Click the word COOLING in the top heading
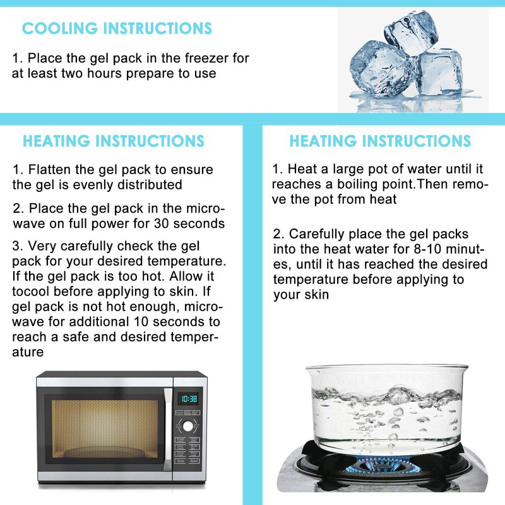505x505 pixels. point(59,28)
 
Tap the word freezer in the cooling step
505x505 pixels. point(207,58)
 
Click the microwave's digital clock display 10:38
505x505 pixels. point(189,399)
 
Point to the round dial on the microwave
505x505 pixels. point(187,427)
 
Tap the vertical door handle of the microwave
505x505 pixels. point(168,429)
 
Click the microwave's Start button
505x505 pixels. point(194,461)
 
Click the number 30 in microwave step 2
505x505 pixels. point(162,223)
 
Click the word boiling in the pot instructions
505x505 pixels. point(357,184)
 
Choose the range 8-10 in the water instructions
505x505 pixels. point(421,249)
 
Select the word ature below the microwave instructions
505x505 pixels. point(28,352)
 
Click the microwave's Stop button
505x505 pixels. point(181,461)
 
